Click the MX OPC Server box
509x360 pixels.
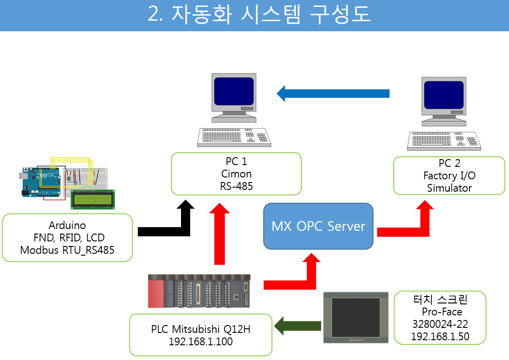click(x=318, y=226)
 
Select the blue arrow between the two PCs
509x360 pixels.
click(x=333, y=94)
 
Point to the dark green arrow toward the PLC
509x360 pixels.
click(x=297, y=326)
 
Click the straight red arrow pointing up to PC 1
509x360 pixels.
click(x=220, y=234)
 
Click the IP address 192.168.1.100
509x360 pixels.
click(x=201, y=342)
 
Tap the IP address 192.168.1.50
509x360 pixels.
click(x=440, y=336)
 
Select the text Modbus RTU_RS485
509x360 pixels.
click(x=67, y=250)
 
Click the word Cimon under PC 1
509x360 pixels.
click(x=236, y=174)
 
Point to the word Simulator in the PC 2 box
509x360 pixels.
click(x=449, y=188)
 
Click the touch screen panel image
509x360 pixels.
click(x=356, y=317)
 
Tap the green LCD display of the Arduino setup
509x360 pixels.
click(x=93, y=200)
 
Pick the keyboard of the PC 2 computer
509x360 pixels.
click(x=444, y=141)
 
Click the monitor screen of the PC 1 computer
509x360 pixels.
click(x=234, y=91)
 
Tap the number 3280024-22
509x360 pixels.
click(x=440, y=324)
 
